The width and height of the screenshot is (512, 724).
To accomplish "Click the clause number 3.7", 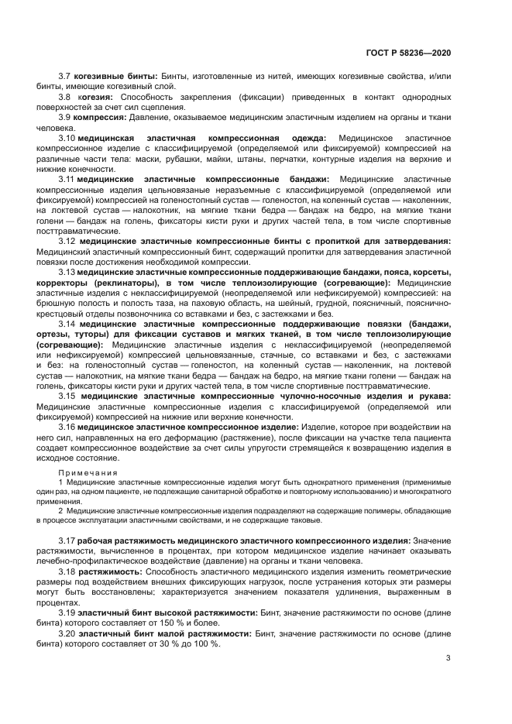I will tap(64, 76).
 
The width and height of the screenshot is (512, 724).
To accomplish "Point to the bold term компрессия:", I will tap(100, 116).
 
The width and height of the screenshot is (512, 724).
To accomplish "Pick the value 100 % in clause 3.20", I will tap(204, 643).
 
